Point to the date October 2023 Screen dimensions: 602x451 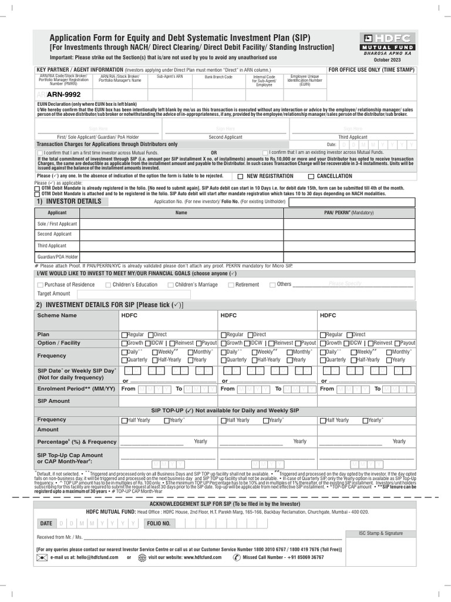pos(386,60)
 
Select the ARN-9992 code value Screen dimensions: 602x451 pos(64,94)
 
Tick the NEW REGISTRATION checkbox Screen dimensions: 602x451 pos(241,176)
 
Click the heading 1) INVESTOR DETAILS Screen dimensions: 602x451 pos(69,202)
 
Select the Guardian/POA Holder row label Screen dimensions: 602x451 pos(58,257)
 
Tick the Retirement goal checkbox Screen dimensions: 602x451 pos(230,285)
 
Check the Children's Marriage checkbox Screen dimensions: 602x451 pos(170,285)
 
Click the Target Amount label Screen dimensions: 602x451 pos(53,293)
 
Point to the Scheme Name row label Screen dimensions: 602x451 pos(57,315)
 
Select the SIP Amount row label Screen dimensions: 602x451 pos(53,400)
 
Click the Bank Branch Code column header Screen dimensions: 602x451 pos(218,77)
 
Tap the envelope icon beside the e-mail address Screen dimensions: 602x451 pos(42,557)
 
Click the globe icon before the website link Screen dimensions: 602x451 pos(142,557)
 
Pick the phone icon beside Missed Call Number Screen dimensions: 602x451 pos(237,557)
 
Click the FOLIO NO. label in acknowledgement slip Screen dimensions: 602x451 pos(159,523)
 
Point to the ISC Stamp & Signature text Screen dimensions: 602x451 pos(381,533)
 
